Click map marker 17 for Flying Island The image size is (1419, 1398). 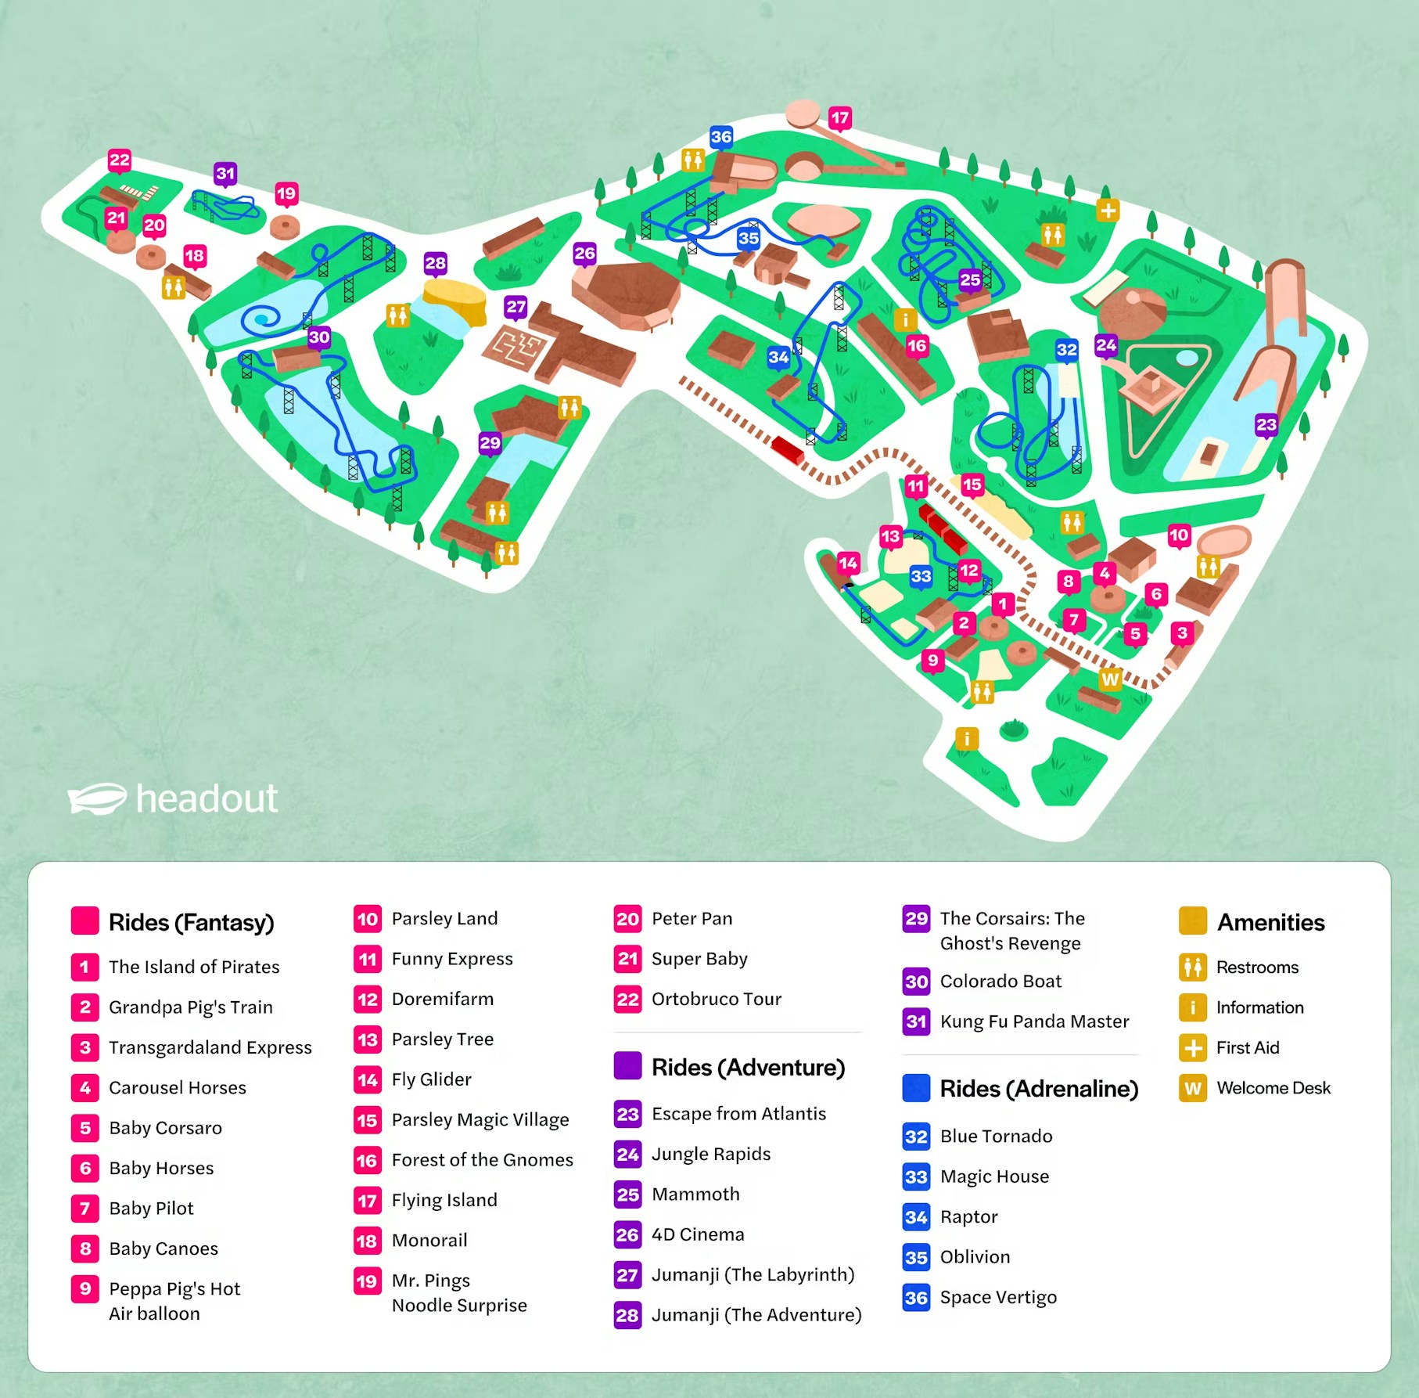point(839,118)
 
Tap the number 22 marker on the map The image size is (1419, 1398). point(120,160)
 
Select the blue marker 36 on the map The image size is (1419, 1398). point(720,137)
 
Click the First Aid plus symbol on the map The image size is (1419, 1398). point(1107,211)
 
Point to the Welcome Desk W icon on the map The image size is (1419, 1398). point(1109,679)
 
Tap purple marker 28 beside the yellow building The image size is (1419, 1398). point(435,263)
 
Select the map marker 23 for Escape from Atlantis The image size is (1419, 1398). point(1266,425)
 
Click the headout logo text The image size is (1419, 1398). point(207,798)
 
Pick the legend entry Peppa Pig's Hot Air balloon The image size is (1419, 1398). point(174,1300)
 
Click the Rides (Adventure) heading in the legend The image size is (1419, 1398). point(748,1067)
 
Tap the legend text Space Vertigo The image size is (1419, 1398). point(997,1297)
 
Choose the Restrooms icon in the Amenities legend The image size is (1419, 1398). point(1192,967)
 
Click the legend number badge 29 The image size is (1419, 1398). point(916,918)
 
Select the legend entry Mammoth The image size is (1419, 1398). point(695,1194)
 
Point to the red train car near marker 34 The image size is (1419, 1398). point(787,450)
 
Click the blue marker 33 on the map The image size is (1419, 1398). point(921,577)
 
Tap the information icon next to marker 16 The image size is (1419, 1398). point(905,319)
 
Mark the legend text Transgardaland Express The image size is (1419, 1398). point(210,1047)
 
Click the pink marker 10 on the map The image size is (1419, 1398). point(1179,535)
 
